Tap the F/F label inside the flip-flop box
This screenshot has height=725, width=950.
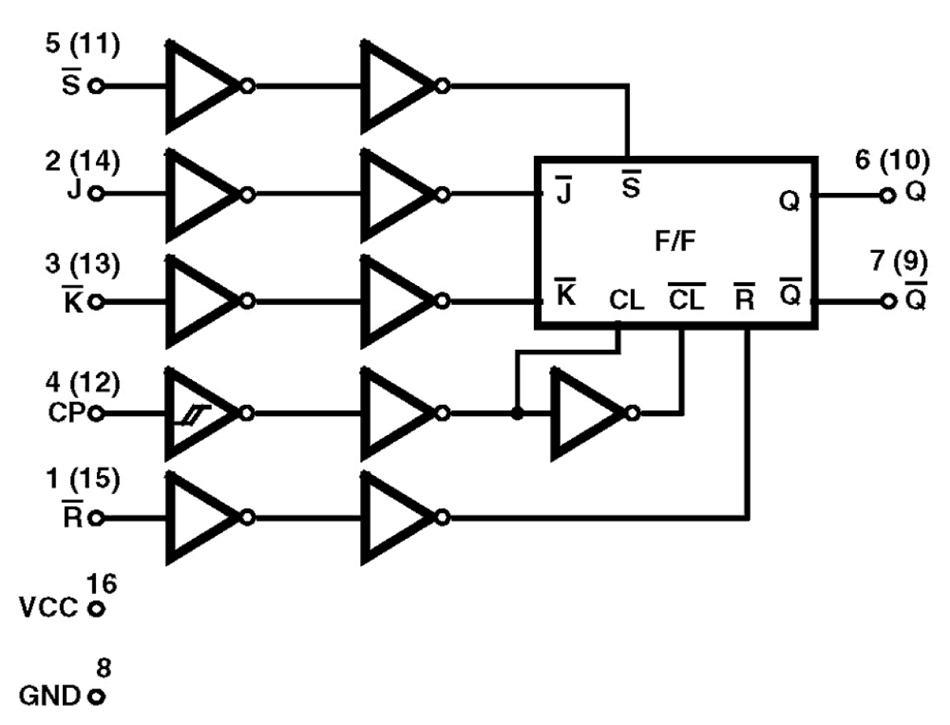coord(675,241)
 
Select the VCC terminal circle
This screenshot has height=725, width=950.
coord(95,608)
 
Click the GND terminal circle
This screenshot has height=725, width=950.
coord(95,696)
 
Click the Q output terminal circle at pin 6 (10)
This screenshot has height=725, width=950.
coord(887,196)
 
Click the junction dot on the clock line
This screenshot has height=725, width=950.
coord(517,413)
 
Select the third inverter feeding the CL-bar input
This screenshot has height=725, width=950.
coord(588,413)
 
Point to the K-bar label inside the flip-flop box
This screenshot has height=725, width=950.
coord(566,294)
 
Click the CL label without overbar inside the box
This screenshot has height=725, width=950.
coord(626,300)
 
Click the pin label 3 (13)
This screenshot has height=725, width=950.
coord(82,264)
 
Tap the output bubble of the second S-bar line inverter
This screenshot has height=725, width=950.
coord(442,86)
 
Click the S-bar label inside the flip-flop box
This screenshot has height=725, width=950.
coord(630,185)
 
